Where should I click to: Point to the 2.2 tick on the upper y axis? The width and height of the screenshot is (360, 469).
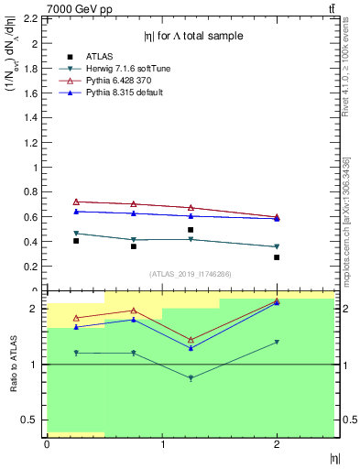[33, 18]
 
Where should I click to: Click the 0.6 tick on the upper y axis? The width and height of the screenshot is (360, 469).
[33, 217]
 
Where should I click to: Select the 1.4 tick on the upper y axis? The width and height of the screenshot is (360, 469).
[33, 117]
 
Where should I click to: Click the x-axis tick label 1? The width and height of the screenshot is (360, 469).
[162, 444]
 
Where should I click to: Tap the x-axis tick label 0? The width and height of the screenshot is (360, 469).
[47, 444]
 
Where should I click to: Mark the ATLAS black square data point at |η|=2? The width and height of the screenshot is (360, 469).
[277, 257]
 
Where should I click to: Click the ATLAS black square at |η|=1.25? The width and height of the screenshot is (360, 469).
[191, 230]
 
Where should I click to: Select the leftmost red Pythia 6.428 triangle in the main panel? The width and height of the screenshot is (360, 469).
[76, 202]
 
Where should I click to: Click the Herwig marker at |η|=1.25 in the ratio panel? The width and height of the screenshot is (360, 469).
[191, 378]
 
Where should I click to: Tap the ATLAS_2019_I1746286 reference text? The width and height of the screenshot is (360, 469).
[191, 274]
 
